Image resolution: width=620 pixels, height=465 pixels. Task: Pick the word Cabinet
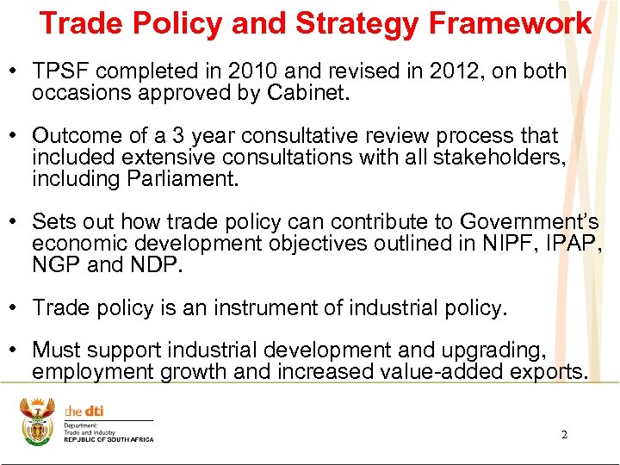pos(309,93)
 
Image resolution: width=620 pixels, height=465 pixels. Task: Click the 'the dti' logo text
pos(84,411)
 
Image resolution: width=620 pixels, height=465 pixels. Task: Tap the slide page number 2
pos(564,435)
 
